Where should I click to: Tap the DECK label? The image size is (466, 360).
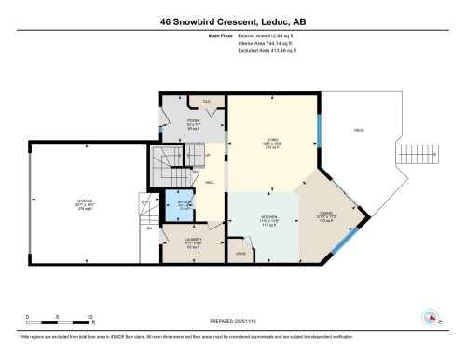(x=359, y=131)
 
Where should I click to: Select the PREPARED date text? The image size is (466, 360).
(x=233, y=320)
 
